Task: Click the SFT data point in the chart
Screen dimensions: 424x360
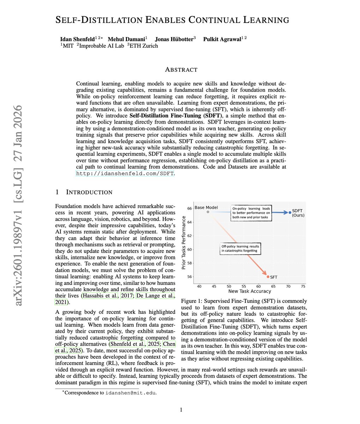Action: click(268, 277)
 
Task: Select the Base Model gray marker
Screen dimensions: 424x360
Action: click(208, 212)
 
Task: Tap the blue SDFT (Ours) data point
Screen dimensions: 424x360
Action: click(290, 212)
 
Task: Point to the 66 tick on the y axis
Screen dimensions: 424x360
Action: click(189, 208)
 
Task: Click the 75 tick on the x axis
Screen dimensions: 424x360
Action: click(303, 287)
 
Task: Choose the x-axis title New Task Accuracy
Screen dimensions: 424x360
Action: click(250, 291)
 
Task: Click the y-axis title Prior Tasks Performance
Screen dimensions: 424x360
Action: click(184, 243)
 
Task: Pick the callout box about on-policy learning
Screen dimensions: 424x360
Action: click(251, 213)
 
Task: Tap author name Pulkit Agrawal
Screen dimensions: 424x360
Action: click(222, 39)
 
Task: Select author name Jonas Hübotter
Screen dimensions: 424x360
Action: click(173, 39)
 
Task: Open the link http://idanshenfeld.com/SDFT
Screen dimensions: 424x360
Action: click(125, 173)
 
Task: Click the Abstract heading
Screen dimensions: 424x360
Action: click(181, 70)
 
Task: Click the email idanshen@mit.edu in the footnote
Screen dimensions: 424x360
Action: click(131, 393)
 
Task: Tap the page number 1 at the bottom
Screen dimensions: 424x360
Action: click(181, 410)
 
